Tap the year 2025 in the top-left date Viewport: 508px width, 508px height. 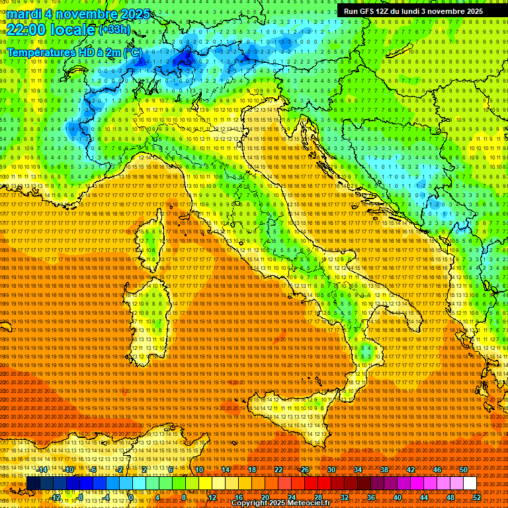[132, 14]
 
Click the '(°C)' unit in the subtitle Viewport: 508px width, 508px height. [131, 52]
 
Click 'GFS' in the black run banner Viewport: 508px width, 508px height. [368, 11]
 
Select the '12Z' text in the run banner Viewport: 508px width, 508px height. [386, 11]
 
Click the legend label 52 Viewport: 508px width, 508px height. [477, 497]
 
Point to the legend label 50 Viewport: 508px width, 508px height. [464, 470]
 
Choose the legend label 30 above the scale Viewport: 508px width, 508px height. [331, 470]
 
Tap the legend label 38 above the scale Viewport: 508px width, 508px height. [384, 470]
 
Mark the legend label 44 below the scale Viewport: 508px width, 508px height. [424, 497]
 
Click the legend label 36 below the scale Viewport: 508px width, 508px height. [371, 497]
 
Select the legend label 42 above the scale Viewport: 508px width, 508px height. [411, 470]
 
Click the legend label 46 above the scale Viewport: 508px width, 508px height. [437, 470]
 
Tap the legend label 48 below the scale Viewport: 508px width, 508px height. [450, 497]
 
